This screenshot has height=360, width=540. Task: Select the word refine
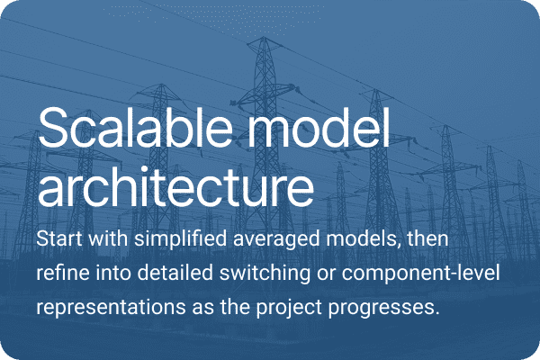62,274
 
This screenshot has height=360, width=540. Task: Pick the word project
292,307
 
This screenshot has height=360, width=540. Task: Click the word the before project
238,307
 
